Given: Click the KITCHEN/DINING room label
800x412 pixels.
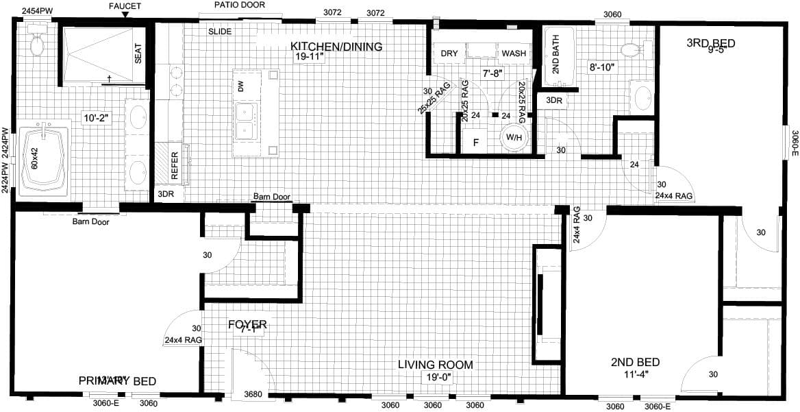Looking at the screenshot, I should tap(336, 47).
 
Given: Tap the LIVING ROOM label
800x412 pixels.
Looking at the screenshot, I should tap(436, 364).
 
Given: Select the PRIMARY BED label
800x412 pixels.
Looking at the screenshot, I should tap(117, 381).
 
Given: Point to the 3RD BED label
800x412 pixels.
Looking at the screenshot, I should tap(710, 44).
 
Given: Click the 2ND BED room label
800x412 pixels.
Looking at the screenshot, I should tap(635, 362).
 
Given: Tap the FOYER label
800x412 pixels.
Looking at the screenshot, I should tap(247, 324).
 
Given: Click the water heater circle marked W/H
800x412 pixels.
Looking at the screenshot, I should tap(514, 137).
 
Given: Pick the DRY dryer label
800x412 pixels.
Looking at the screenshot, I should tap(449, 53).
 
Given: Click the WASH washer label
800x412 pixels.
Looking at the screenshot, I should tap(514, 53).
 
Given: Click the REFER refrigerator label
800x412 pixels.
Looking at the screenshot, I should tap(174, 165).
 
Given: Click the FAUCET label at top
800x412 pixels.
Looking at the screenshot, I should tap(125, 6).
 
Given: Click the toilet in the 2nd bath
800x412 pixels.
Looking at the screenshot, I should tap(631, 49).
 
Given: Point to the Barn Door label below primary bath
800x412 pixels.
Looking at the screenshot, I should tap(91, 221).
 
